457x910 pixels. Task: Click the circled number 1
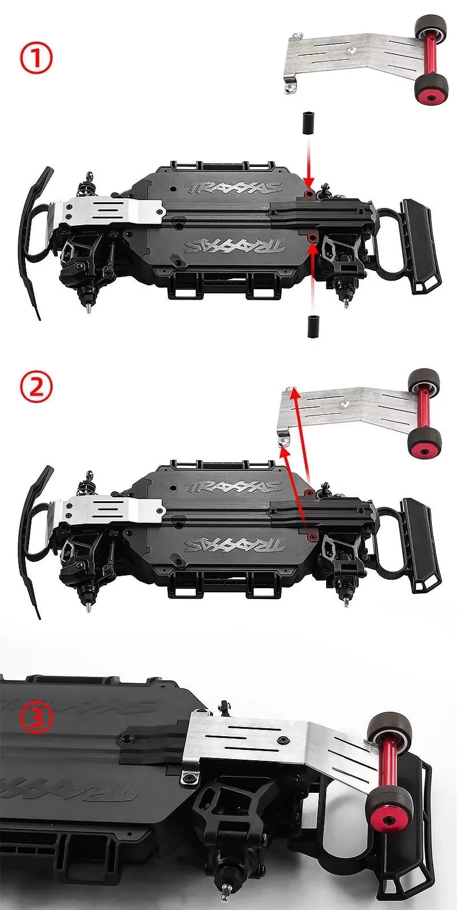[36, 59]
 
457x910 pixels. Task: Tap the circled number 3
[37, 718]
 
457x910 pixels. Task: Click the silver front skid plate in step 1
[111, 211]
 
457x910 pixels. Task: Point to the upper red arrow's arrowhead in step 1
[308, 186]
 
